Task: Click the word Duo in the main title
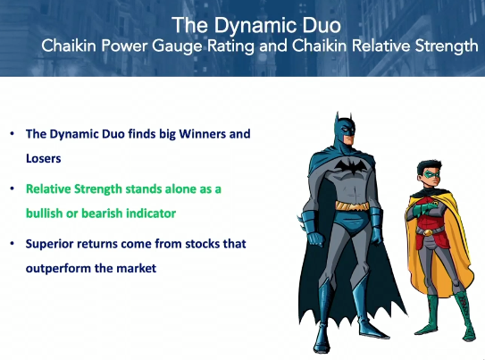(322, 25)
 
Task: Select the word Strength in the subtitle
(447, 46)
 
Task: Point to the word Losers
(43, 158)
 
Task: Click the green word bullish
(44, 213)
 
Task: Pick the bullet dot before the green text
(13, 188)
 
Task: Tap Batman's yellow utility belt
(353, 205)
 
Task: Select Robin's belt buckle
(427, 232)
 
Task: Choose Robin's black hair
(430, 166)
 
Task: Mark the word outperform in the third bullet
(58, 269)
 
